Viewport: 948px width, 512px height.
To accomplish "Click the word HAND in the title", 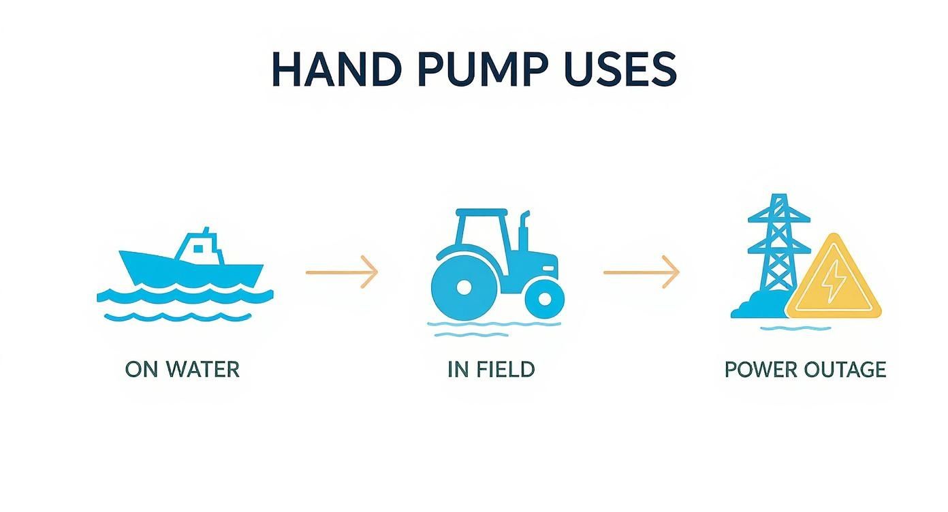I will (334, 68).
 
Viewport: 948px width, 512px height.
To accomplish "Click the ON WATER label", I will (183, 369).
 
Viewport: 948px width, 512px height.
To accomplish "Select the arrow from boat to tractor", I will (341, 272).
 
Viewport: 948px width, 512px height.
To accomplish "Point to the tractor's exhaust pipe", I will (524, 231).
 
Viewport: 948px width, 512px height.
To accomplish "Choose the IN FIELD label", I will (491, 369).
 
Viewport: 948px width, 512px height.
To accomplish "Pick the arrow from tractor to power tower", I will (641, 272).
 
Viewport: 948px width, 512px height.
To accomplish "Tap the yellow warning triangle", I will (833, 283).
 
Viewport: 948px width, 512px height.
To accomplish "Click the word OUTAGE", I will (844, 370).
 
